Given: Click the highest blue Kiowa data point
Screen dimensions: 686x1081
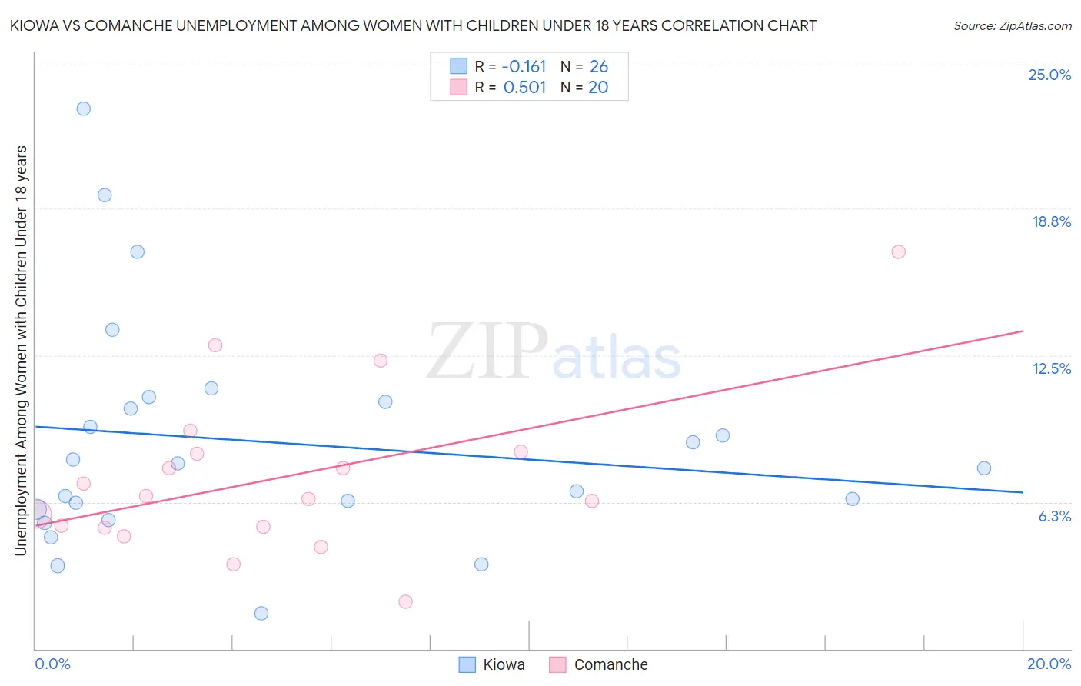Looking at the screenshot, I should [x=84, y=108].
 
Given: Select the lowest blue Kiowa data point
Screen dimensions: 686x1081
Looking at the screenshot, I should [x=261, y=613].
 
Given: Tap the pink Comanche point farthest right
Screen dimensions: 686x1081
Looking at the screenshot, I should [x=898, y=251].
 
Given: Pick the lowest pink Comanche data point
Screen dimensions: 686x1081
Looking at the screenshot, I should [x=406, y=601].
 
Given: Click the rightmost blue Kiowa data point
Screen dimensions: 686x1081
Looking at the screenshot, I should [x=984, y=468].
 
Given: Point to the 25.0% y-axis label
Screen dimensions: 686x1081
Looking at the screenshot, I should [x=1049, y=75].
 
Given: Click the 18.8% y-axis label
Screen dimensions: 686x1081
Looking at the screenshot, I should [x=1051, y=221].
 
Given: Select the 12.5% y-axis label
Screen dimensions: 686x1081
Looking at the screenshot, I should [x=1051, y=368].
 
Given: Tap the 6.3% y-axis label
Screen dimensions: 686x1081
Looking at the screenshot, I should [x=1054, y=516].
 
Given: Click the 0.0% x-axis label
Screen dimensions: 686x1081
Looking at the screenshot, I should [x=52, y=664].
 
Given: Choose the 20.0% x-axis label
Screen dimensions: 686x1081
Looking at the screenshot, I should [x=1049, y=664].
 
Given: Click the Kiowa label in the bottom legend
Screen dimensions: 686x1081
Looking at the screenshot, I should [x=504, y=664].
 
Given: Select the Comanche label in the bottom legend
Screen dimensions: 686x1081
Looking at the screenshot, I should [x=610, y=664].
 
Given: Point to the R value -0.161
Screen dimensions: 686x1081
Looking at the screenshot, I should [x=524, y=66].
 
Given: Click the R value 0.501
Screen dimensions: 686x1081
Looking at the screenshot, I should [x=524, y=87].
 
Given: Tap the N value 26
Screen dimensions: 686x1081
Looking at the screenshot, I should [x=598, y=66].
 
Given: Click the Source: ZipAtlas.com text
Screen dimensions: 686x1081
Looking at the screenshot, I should [x=1012, y=25].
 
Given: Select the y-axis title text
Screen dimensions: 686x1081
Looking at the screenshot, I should [x=21, y=350].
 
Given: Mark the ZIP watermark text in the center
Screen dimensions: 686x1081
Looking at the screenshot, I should [x=487, y=351].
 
